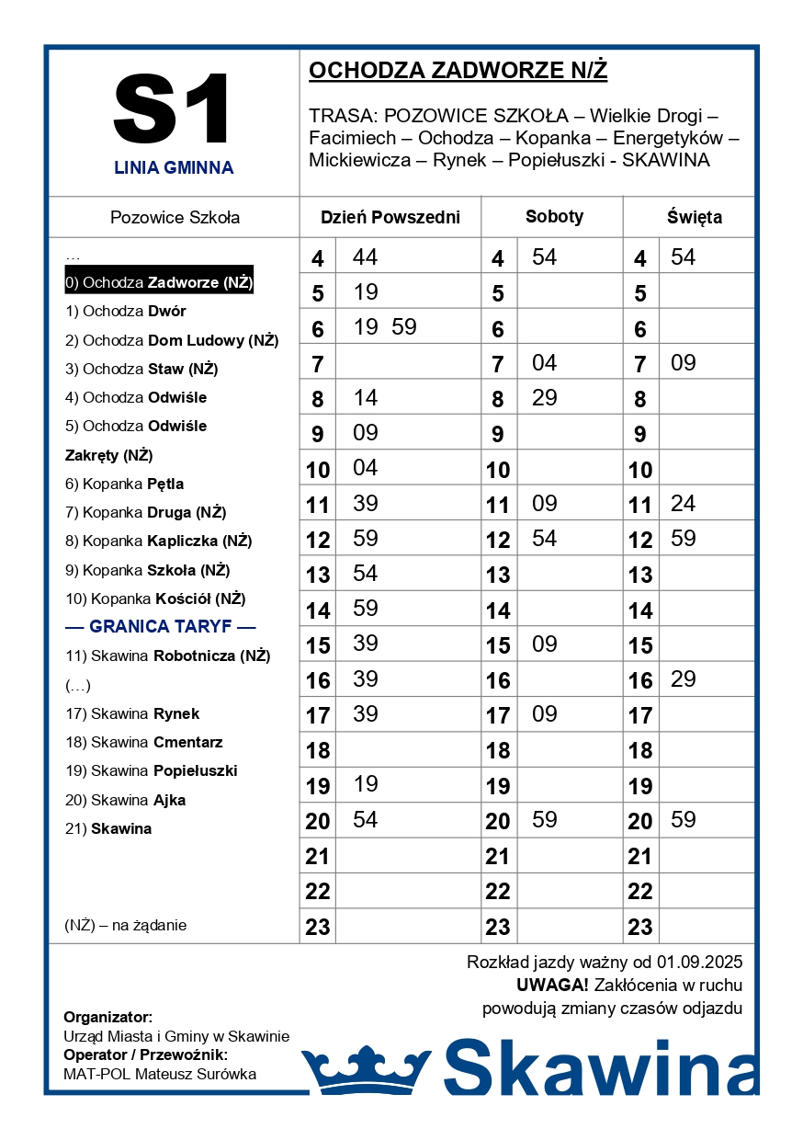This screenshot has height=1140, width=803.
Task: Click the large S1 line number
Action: coord(174,109)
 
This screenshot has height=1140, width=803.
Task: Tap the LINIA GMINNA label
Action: coord(174,168)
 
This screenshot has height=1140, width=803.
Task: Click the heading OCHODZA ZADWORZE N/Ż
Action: coord(458,71)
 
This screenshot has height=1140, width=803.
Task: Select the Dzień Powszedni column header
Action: coord(390,218)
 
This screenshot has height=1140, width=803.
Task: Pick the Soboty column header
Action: coord(554,217)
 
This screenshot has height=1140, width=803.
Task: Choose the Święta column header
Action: coord(694,218)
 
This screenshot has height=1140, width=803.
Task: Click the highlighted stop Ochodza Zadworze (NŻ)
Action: coord(159,282)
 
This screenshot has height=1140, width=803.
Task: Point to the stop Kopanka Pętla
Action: coord(124,484)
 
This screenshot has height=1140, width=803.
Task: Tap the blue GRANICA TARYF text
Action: coord(161,627)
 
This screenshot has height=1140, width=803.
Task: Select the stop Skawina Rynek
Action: coord(132,713)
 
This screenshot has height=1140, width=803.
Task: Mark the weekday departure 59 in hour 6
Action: coord(403,327)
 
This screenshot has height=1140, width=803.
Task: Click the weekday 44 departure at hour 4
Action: coord(365,257)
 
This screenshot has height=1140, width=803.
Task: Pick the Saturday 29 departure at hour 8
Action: coord(544,398)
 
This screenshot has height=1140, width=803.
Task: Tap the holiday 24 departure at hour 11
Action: coord(683,504)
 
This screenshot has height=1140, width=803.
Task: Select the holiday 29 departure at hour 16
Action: coord(683,679)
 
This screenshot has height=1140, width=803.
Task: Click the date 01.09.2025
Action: coord(699,963)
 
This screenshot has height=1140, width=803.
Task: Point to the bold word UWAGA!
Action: coord(552,986)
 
